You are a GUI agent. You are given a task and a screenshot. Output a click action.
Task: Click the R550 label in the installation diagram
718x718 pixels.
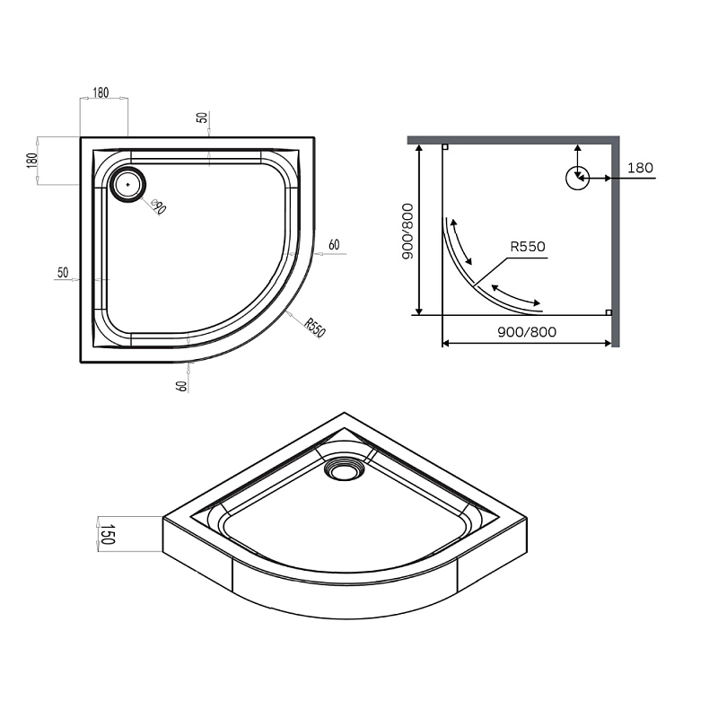pos(528,247)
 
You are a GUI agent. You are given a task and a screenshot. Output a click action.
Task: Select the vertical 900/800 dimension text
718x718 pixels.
pos(407,232)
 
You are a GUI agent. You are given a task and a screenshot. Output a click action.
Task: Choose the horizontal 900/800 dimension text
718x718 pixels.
pos(527,331)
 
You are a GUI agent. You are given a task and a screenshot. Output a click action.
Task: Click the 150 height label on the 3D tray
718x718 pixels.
pos(106,537)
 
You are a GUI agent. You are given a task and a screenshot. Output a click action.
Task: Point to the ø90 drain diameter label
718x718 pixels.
pos(157,207)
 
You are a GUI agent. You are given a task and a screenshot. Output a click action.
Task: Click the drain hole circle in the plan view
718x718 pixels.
pos(127,184)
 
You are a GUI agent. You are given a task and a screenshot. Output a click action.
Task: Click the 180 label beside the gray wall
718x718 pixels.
pos(640,168)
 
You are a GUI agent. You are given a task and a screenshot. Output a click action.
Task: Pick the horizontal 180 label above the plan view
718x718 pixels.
pos(101,93)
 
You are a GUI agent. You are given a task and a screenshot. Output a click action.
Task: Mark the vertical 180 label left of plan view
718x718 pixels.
pos(32,162)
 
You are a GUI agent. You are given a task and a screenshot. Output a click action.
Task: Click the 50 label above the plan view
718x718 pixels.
pos(203,118)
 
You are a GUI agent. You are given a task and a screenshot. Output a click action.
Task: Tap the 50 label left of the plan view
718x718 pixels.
pos(63,272)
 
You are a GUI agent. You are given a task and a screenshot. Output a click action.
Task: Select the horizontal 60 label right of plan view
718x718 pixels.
pos(334,245)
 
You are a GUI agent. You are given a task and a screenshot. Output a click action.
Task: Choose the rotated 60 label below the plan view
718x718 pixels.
pos(182,385)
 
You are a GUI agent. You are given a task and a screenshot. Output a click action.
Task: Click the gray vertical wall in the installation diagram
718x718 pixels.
pos(615,242)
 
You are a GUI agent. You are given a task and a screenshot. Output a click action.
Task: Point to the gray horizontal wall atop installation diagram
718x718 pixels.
pos(512,140)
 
